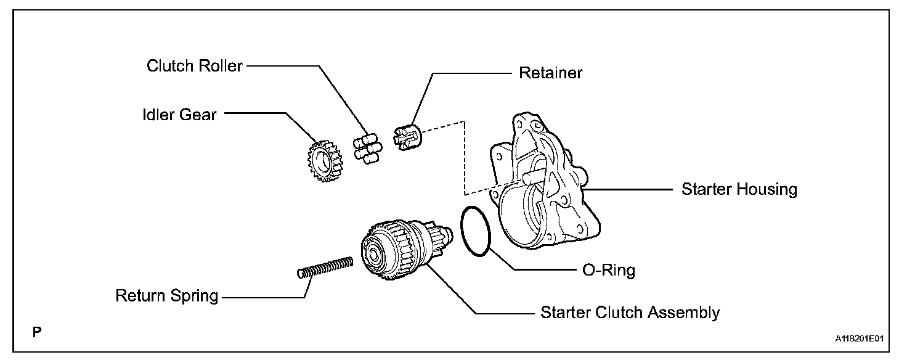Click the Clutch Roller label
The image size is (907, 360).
click(x=194, y=66)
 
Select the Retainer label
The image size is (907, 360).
click(x=550, y=73)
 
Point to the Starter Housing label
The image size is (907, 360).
click(x=739, y=189)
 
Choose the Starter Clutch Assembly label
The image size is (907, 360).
click(x=630, y=313)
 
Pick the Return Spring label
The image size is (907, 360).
click(x=167, y=296)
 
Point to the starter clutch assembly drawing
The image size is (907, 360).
click(x=404, y=253)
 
